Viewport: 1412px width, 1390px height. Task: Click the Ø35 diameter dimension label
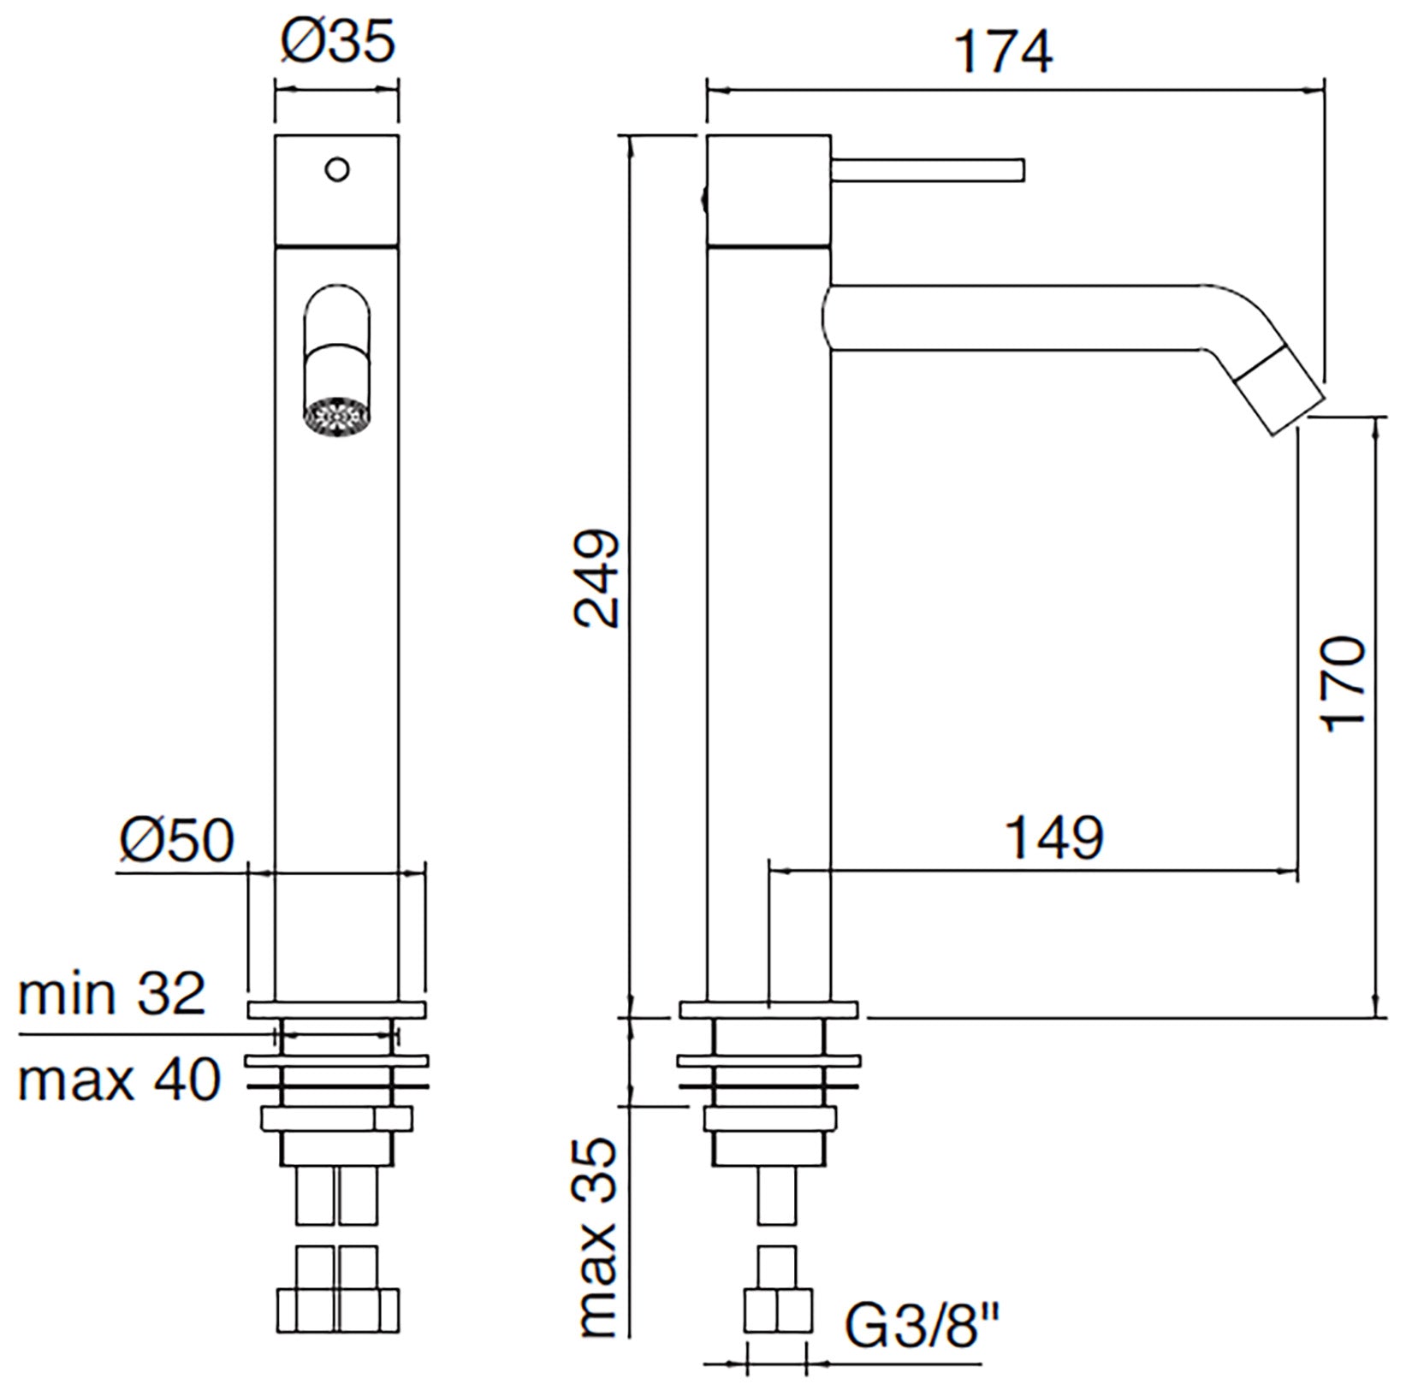(x=339, y=42)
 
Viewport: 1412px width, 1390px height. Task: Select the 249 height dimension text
(x=596, y=579)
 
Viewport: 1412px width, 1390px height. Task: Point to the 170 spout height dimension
(x=1343, y=682)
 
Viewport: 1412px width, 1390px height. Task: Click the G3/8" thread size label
(x=923, y=1325)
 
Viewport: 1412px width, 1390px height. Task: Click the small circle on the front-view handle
(x=338, y=169)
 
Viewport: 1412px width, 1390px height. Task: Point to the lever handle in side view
(x=928, y=169)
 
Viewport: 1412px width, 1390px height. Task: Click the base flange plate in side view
(x=768, y=1009)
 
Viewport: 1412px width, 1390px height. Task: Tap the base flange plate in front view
(x=336, y=1009)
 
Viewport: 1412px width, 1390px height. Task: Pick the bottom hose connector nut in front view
(x=338, y=1309)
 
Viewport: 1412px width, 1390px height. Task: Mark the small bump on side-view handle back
(x=703, y=200)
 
